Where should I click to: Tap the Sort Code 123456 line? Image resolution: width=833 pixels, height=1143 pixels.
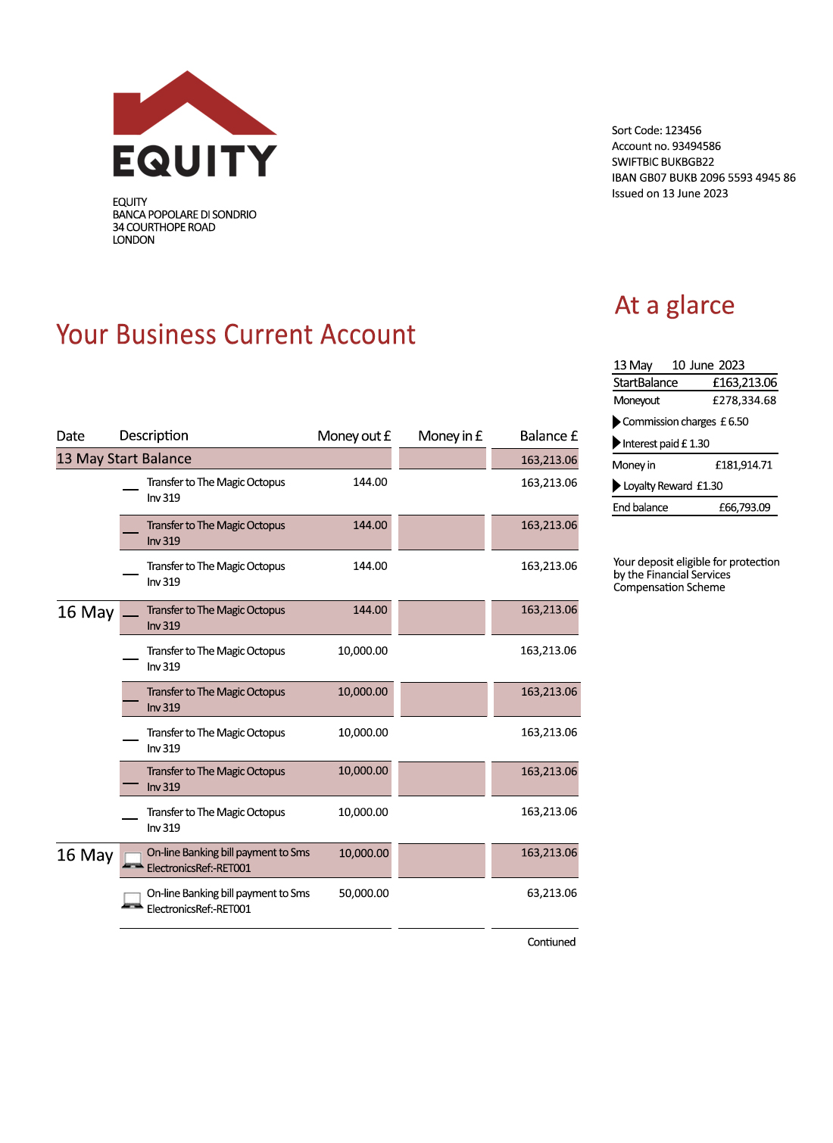coord(656,130)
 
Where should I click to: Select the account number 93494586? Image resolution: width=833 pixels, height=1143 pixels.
coord(696,146)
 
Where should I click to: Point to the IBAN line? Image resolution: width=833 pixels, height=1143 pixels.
coord(704,178)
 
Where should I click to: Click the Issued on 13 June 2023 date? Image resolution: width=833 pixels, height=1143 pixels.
coord(669,194)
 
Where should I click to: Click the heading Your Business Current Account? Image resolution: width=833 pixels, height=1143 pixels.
coord(236,335)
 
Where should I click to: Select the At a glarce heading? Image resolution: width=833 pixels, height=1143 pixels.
coord(674,305)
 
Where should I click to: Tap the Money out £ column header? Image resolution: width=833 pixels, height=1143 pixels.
coord(354,436)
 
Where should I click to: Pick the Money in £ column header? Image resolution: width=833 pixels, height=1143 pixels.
coord(450,436)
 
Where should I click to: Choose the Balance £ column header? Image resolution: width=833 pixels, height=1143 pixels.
coord(548,436)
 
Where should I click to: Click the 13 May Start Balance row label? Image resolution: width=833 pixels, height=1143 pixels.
coord(124,459)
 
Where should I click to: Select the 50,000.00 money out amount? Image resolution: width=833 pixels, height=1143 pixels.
coord(363,893)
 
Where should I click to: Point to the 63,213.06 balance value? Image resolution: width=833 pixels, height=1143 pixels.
coord(551,893)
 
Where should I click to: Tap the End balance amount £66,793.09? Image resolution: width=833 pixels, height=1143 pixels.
coord(744,508)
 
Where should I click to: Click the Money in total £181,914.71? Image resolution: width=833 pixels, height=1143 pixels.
coord(744,466)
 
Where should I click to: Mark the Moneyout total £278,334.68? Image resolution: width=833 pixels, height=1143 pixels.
coord(744,400)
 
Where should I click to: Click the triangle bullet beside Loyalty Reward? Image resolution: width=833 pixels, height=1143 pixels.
coord(616,486)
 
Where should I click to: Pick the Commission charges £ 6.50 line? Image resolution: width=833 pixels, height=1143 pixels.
coord(685,422)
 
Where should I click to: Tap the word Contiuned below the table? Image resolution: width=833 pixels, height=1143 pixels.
coord(551,942)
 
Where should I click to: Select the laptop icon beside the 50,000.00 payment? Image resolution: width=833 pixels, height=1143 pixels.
coord(133,900)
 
